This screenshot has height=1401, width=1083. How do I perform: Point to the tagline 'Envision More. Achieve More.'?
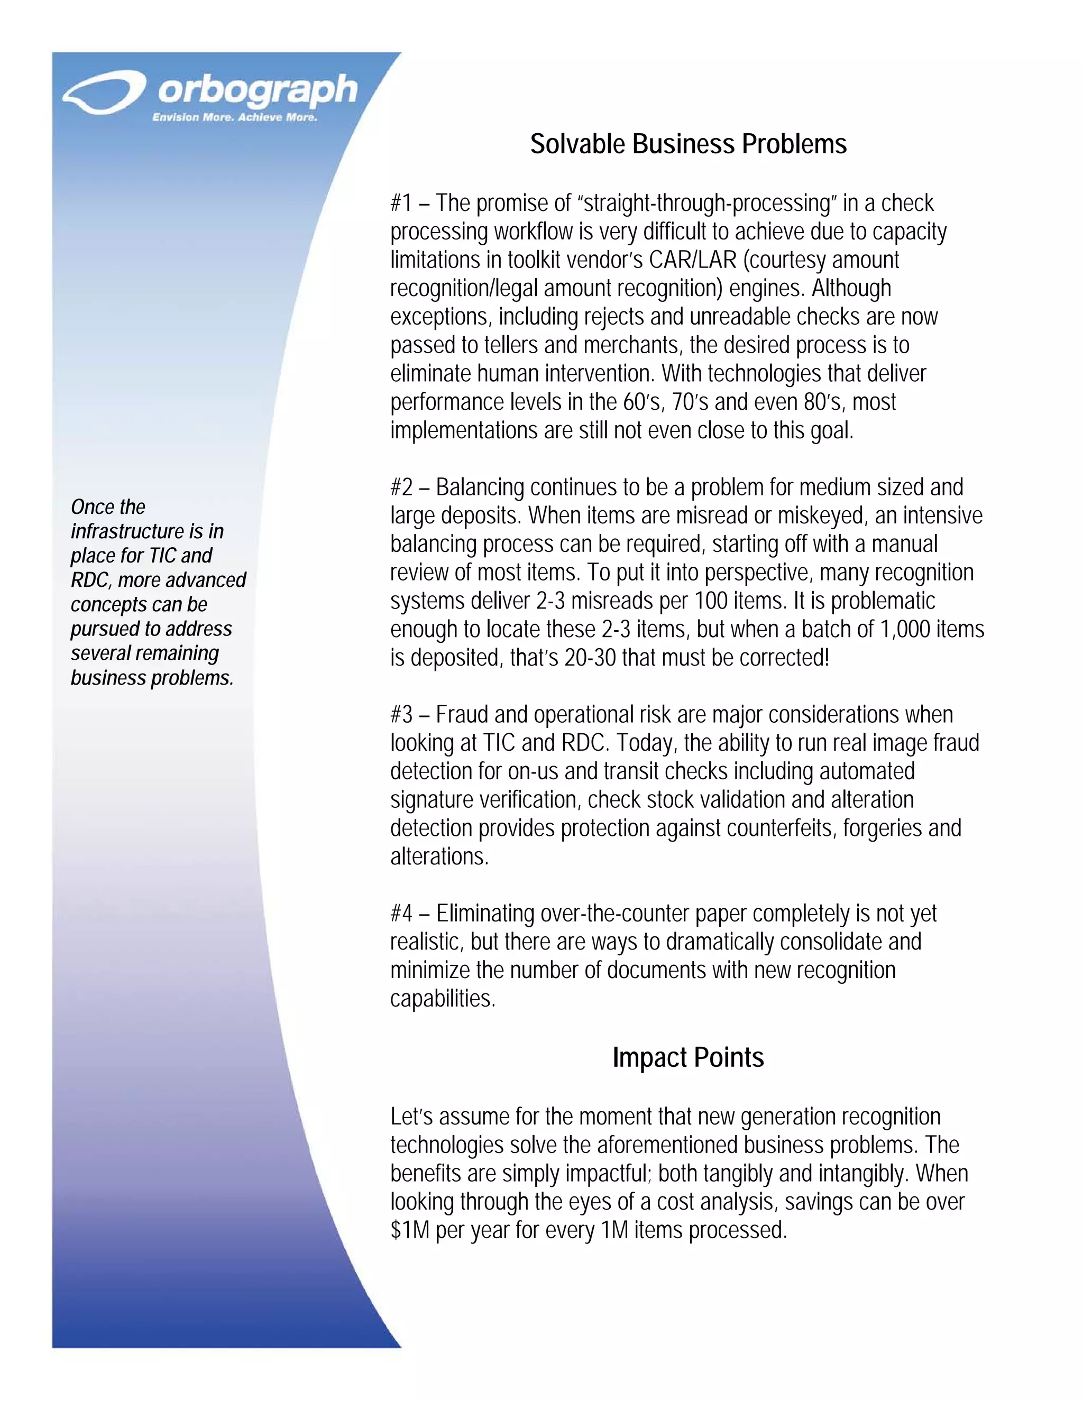click(235, 117)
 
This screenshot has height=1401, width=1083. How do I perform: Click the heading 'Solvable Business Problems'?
click(688, 144)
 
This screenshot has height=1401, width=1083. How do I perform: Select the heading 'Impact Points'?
click(688, 1057)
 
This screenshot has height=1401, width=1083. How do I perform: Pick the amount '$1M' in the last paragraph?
click(409, 1230)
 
